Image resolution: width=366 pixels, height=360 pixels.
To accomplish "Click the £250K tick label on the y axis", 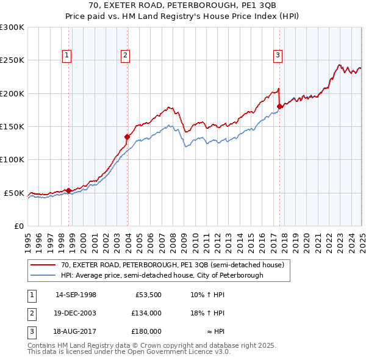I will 12,60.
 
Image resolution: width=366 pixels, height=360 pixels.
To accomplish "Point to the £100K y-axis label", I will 12,160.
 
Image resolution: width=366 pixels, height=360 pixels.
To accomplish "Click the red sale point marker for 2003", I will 127,137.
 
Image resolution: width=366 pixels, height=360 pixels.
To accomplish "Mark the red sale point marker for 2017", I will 279,106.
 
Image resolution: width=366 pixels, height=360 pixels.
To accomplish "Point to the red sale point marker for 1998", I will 69,190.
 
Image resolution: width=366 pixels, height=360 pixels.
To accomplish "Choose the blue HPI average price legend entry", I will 162,275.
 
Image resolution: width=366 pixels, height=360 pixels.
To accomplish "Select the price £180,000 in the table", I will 146,331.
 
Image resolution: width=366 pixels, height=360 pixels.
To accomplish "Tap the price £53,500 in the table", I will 148,295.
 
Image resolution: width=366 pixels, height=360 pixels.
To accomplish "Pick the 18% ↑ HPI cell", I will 207,313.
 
